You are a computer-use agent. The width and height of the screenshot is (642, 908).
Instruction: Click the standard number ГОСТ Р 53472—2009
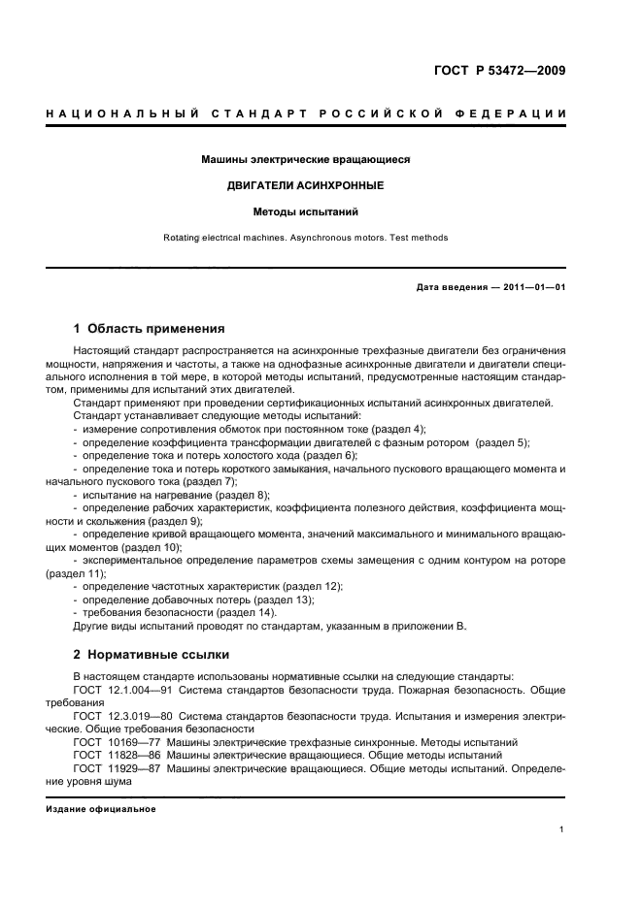point(498,70)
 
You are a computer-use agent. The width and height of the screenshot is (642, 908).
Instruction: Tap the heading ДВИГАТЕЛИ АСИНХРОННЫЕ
point(306,184)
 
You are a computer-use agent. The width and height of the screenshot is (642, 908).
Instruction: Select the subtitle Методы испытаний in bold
point(306,211)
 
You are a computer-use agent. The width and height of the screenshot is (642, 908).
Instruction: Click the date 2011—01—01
point(533,287)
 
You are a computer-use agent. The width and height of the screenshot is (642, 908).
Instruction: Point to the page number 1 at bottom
point(562,829)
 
